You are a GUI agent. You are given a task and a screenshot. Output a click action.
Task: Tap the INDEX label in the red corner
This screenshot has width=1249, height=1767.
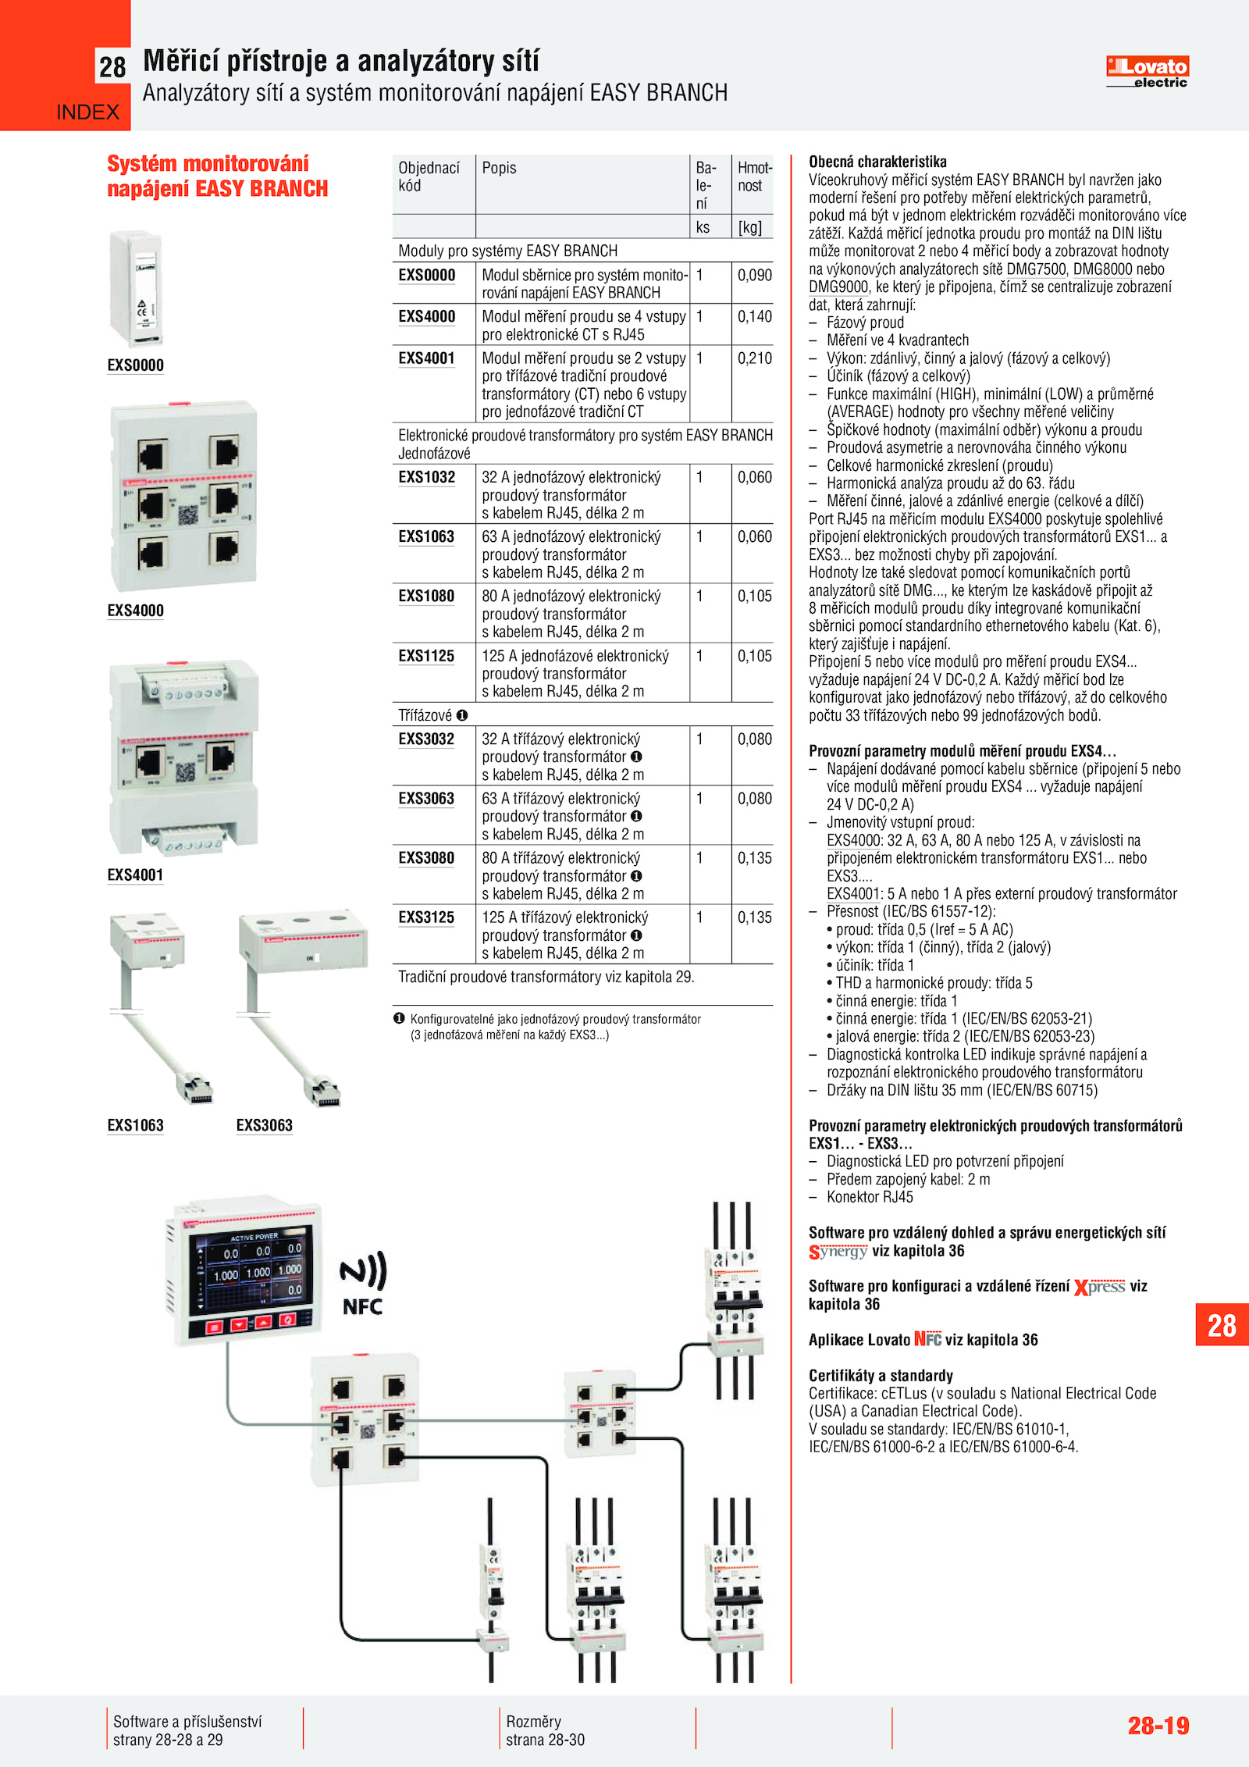pyautogui.click(x=87, y=112)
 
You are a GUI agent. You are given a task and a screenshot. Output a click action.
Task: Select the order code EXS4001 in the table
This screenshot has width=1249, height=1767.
pyautogui.click(x=426, y=358)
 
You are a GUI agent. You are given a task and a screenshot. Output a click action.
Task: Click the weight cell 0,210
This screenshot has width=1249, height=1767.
pyautogui.click(x=754, y=358)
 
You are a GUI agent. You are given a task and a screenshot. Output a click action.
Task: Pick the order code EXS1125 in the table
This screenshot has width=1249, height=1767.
pyautogui.click(x=426, y=656)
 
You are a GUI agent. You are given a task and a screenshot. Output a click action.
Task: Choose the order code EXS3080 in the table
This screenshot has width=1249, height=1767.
pyautogui.click(x=426, y=858)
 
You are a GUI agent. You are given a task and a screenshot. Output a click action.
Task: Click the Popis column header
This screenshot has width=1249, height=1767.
pyautogui.click(x=499, y=168)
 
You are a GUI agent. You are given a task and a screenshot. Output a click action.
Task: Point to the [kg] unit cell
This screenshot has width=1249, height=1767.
pyautogui.click(x=749, y=227)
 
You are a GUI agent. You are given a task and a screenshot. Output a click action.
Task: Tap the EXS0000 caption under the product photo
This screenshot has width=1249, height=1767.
pyautogui.click(x=135, y=365)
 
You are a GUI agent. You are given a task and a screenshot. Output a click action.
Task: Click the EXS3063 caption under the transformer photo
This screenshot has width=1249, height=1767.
pyautogui.click(x=264, y=1125)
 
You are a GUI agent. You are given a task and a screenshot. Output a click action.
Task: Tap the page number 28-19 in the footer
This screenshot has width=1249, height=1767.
pyautogui.click(x=1158, y=1725)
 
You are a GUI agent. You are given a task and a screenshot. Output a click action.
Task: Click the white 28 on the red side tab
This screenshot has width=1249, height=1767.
pyautogui.click(x=1222, y=1325)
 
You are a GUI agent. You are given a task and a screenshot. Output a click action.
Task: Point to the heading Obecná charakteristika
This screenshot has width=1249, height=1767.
pyautogui.click(x=877, y=162)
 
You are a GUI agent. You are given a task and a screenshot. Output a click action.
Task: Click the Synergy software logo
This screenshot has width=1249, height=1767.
pyautogui.click(x=838, y=1252)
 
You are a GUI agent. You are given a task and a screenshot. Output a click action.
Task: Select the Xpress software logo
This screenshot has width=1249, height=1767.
pyautogui.click(x=1099, y=1287)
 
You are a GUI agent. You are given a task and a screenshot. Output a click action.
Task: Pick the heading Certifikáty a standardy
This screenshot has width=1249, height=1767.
pyautogui.click(x=881, y=1375)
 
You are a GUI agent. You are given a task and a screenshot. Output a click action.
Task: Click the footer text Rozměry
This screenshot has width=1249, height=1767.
pyautogui.click(x=533, y=1721)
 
